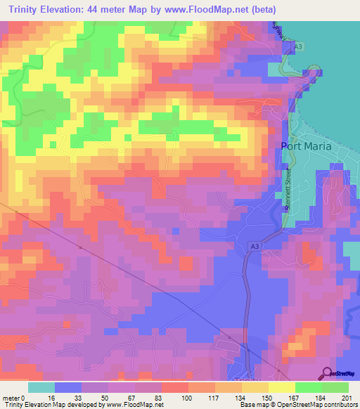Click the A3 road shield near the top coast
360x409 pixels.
(299, 46)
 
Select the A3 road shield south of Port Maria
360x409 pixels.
(254, 246)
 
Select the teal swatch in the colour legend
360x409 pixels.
(41, 387)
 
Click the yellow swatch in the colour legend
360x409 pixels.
(281, 387)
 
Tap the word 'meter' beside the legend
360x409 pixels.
(11, 397)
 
